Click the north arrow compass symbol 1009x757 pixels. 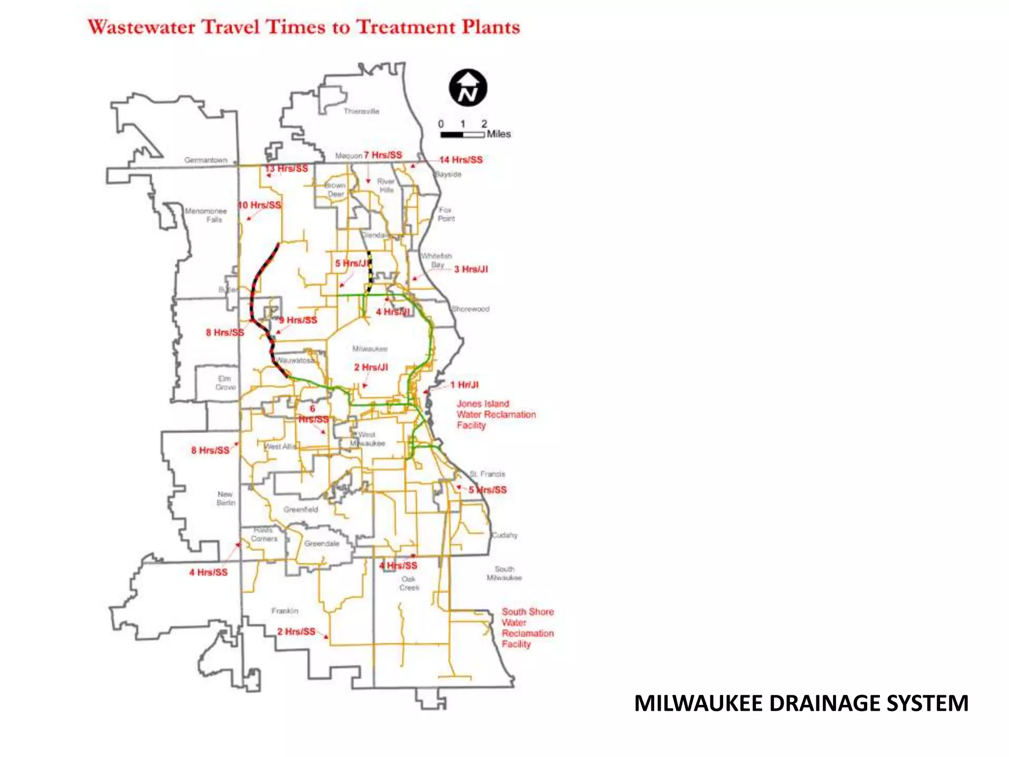468,88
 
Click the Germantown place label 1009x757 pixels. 206,160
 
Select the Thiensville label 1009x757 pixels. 362,111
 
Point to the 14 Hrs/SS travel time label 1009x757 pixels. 461,160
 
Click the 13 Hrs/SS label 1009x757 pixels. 287,169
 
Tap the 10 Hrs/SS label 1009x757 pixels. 260,205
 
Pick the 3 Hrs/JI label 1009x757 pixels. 471,269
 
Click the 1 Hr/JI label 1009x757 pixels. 464,385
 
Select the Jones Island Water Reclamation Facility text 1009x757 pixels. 496,414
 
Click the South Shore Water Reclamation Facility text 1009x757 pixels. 527,627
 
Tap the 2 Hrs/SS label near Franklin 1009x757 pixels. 296,631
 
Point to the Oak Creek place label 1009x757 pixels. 409,584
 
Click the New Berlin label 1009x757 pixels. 226,498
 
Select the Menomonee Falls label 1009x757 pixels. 206,215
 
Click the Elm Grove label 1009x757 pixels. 225,383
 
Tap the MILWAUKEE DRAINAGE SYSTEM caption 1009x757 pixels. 801,703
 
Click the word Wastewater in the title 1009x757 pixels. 143,27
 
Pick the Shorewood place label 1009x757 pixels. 471,309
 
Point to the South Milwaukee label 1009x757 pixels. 504,573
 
